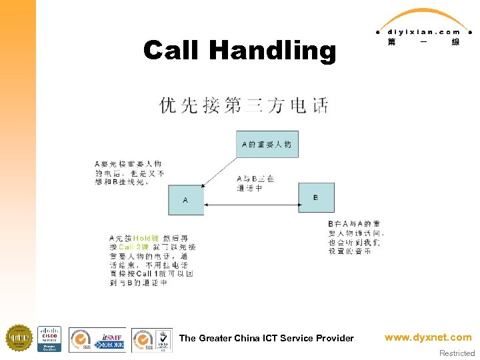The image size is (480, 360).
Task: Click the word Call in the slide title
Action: coord(172,50)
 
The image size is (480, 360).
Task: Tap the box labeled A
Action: coord(185,199)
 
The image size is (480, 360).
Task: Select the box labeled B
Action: coord(315,197)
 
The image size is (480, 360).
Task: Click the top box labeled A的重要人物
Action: coord(266,145)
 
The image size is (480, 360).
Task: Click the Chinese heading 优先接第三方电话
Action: coord(244,105)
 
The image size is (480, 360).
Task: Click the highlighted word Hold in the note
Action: coord(141,238)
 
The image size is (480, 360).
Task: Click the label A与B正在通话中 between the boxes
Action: coord(255,183)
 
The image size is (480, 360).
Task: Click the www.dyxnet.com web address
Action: coord(428,337)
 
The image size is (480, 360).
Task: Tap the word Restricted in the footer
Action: coord(457,353)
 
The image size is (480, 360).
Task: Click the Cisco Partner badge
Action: coord(49,339)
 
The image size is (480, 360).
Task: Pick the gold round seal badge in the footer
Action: coord(19,338)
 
